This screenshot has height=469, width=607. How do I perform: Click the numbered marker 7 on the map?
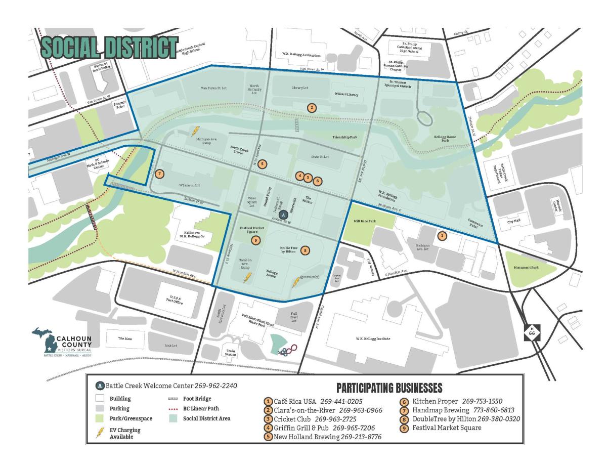(x=160, y=174)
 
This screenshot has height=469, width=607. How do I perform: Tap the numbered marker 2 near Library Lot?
(x=312, y=107)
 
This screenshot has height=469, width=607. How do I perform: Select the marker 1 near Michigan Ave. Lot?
(x=442, y=236)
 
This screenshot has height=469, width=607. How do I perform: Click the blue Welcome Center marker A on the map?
(x=283, y=214)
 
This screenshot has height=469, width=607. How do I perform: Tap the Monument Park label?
(x=528, y=268)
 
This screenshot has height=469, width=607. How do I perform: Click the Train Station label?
(x=231, y=352)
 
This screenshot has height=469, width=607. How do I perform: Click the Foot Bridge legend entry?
(x=196, y=399)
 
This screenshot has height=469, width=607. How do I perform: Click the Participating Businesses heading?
(x=389, y=388)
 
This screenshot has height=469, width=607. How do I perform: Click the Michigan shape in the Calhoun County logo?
(x=44, y=339)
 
